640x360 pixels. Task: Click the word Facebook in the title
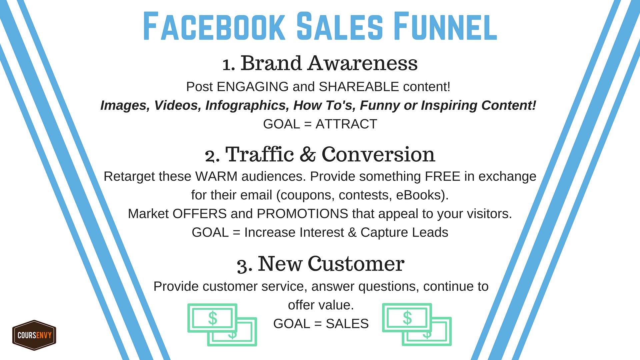tap(214, 26)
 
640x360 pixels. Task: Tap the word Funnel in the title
tap(445, 26)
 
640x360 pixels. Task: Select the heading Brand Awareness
tap(329, 63)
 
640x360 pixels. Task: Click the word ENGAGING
tap(252, 87)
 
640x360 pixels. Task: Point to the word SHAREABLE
tap(359, 87)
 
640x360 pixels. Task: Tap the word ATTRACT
tap(346, 124)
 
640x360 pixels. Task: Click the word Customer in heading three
tap(356, 264)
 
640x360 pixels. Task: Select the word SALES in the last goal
tap(347, 324)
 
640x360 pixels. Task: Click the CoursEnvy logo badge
tap(34, 335)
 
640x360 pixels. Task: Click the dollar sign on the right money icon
tap(407, 318)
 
